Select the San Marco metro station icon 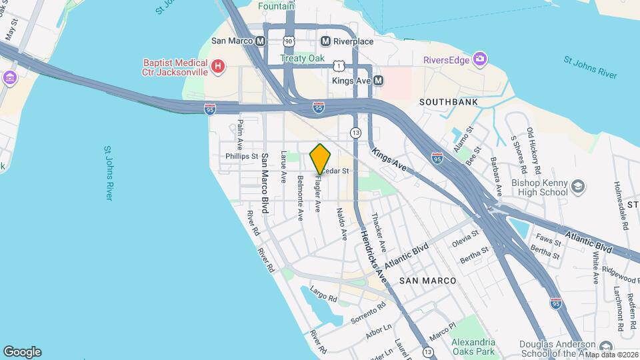click(x=261, y=41)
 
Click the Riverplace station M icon click(x=326, y=41)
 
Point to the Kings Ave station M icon click(x=378, y=81)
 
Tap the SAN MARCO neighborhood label click(x=428, y=281)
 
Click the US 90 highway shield click(x=289, y=41)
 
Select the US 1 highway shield click(x=339, y=65)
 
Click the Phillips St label click(x=241, y=156)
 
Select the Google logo click(x=22, y=351)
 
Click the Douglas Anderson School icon click(x=605, y=347)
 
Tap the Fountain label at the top click(x=277, y=6)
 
